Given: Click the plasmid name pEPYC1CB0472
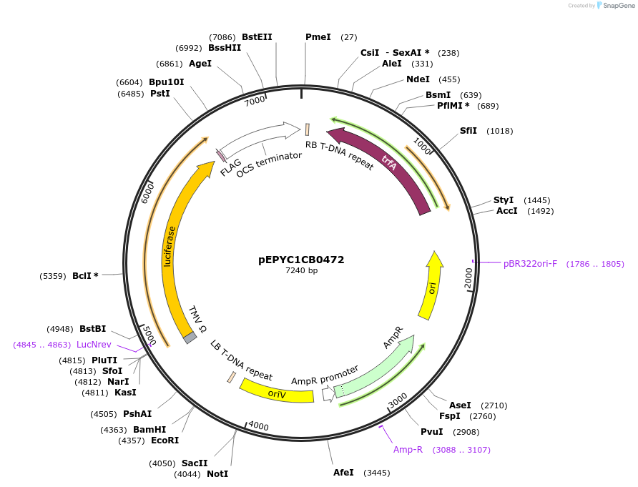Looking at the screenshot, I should pos(301,260).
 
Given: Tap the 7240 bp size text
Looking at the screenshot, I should pos(301,271).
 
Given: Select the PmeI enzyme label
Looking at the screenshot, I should pos(318,36).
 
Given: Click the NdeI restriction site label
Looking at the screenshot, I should pos(418,79).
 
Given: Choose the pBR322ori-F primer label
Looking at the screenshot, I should pos(530,264).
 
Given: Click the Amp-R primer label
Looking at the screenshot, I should pos(408,450).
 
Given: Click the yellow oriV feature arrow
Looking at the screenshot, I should pos(276,392).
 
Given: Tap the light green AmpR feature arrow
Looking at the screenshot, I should pos(378,367).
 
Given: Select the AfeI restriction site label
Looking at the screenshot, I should pos(343,473).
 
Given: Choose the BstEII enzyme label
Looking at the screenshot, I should pos(257,36).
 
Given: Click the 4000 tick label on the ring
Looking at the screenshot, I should pos(258,426).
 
